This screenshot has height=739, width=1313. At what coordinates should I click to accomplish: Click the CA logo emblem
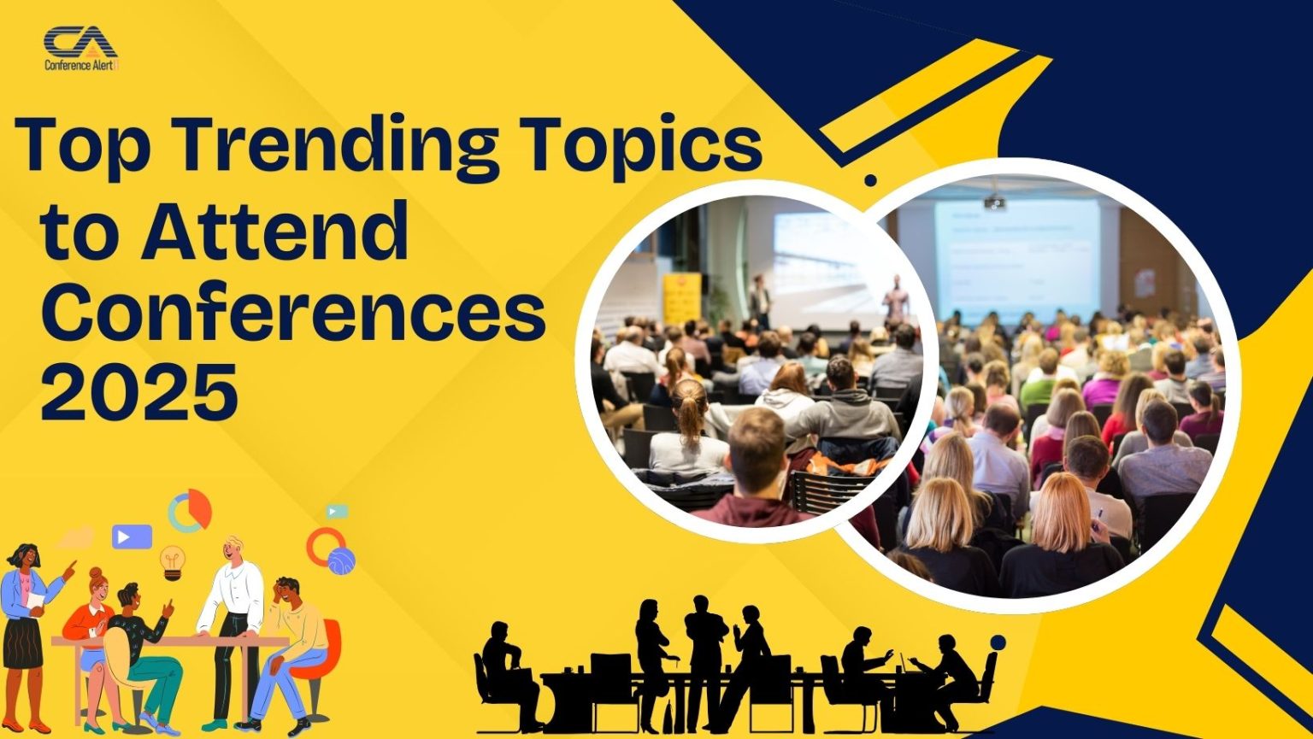click(80, 42)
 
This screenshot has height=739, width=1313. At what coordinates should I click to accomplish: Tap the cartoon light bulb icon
click(173, 561)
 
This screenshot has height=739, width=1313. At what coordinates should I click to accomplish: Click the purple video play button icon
click(132, 537)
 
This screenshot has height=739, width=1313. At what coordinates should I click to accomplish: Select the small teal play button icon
click(337, 512)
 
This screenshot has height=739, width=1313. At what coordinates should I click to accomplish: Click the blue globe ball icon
click(341, 561)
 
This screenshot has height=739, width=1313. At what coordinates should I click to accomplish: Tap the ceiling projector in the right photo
click(993, 202)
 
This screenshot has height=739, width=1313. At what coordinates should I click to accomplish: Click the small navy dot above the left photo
click(870, 180)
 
